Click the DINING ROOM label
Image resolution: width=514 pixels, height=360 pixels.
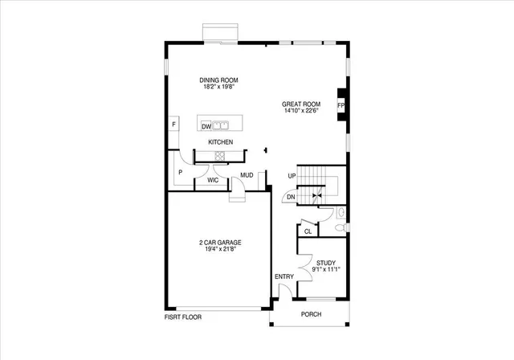pos(219,80)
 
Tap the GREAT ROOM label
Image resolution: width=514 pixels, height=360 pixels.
pos(300,104)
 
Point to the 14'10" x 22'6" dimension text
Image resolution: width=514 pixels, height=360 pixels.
pos(300,111)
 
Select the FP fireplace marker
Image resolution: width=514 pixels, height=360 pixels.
pos(341,105)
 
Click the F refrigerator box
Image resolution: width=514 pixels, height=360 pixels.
pos(173,125)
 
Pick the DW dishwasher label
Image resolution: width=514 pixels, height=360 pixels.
pos(206,126)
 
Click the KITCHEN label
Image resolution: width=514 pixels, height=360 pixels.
pos(221,142)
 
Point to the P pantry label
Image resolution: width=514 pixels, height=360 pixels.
pos(180,172)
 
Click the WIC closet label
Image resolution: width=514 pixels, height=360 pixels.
pos(213,181)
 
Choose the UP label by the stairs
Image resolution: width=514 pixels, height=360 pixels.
pos(292,175)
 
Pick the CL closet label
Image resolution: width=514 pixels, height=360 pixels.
pos(308,231)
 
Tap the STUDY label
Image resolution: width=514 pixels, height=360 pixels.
pos(325,263)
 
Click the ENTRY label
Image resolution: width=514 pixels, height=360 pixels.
pos(284,276)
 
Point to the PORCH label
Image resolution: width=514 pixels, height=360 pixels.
pos(311,314)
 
